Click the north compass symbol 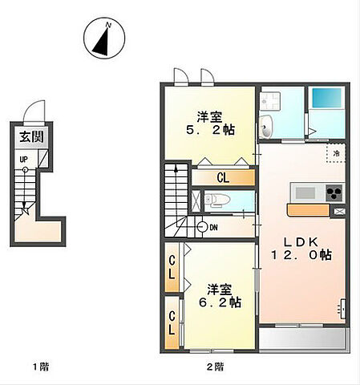pyautogui.click(x=104, y=38)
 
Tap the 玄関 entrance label pyautogui.click(x=31, y=137)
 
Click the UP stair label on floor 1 pyautogui.click(x=23, y=160)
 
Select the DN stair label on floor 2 pyautogui.click(x=213, y=228)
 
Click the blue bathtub pyautogui.click(x=327, y=98)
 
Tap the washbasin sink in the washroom pyautogui.click(x=265, y=127)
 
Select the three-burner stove pyautogui.click(x=334, y=193)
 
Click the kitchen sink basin pyautogui.click(x=305, y=193)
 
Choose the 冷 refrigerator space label pyautogui.click(x=337, y=154)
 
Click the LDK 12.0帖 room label pyautogui.click(x=301, y=249)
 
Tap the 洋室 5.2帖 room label pyautogui.click(x=210, y=124)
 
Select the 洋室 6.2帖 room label pyautogui.click(x=220, y=296)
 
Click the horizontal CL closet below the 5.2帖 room pyautogui.click(x=223, y=177)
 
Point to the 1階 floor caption pyautogui.click(x=41, y=367)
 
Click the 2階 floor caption pyautogui.click(x=215, y=367)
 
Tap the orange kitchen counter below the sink pyautogui.click(x=309, y=210)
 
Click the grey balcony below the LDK pyautogui.click(x=304, y=338)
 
